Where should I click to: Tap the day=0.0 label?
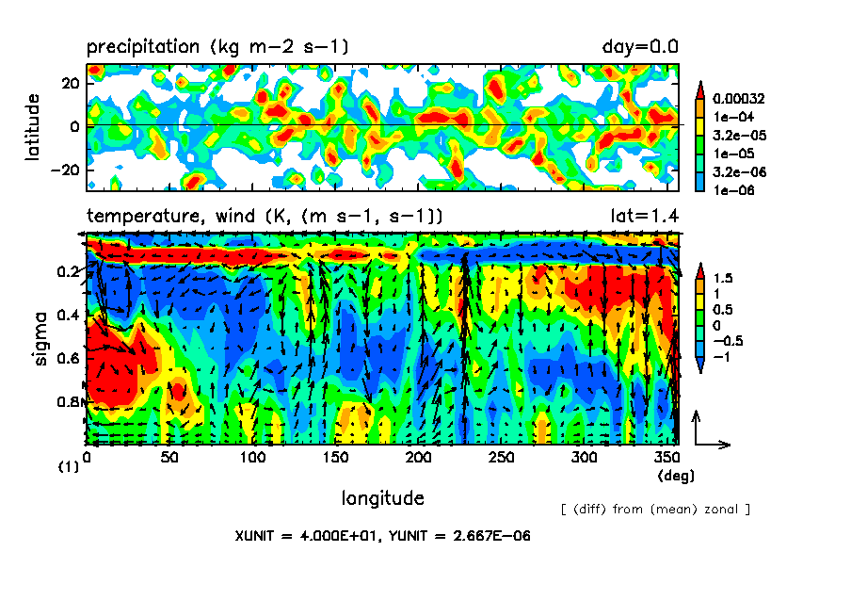[640, 46]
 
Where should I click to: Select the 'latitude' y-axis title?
[34, 126]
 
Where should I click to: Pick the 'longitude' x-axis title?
[382, 497]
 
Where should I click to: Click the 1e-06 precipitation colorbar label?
[733, 189]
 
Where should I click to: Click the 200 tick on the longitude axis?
[417, 458]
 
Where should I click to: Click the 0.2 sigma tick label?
[67, 272]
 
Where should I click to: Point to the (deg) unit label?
[677, 476]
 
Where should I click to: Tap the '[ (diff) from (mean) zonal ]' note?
[654, 510]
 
